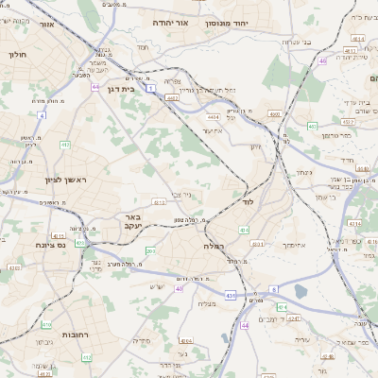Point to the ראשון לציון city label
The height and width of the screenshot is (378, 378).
pos(64,180)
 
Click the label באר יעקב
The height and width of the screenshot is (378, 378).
pos(131,222)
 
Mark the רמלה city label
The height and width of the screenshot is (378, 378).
pos(211,245)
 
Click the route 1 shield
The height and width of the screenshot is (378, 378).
pos(150,88)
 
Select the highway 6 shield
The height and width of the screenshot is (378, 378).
pos(274,289)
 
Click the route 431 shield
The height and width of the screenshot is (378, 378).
pos(230,296)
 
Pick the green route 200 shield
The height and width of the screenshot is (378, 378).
pos(150,250)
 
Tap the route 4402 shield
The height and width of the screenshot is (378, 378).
pos(172,97)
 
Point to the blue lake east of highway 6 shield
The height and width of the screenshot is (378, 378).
pos(301,291)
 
